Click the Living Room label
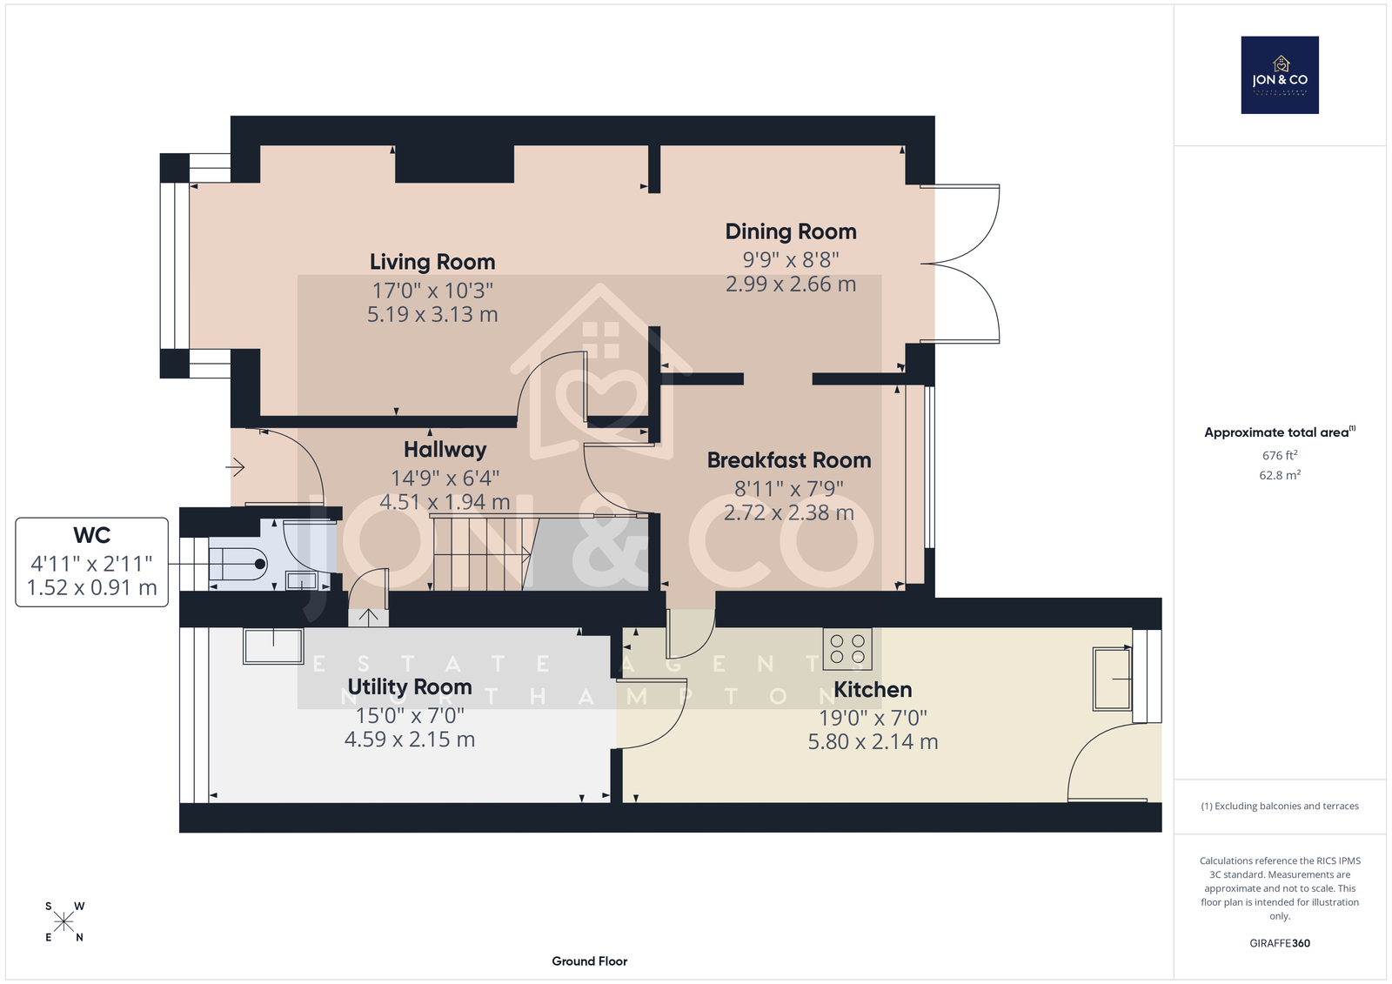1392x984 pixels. [x=432, y=263]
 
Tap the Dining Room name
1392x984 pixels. [x=791, y=231]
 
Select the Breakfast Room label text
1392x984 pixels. [x=789, y=460]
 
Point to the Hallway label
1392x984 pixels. [x=445, y=450]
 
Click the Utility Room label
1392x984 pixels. [x=410, y=686]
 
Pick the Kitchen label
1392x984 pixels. [x=873, y=690]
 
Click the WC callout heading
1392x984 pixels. [x=92, y=535]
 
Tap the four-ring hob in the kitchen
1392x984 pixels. [x=847, y=648]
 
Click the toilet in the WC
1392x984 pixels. [x=238, y=564]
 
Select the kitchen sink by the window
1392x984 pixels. [x=1112, y=679]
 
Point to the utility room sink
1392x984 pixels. [x=273, y=646]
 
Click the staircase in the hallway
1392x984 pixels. [x=482, y=552]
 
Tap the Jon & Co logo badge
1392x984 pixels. [x=1280, y=75]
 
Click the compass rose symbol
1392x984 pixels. [x=64, y=921]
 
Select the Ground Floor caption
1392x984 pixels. [x=590, y=961]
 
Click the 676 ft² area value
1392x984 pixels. [x=1280, y=456]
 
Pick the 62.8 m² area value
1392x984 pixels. [x=1280, y=476]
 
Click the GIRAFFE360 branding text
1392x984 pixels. [x=1280, y=943]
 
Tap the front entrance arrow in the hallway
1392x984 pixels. [x=236, y=467]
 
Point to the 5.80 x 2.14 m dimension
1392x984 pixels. [x=873, y=741]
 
